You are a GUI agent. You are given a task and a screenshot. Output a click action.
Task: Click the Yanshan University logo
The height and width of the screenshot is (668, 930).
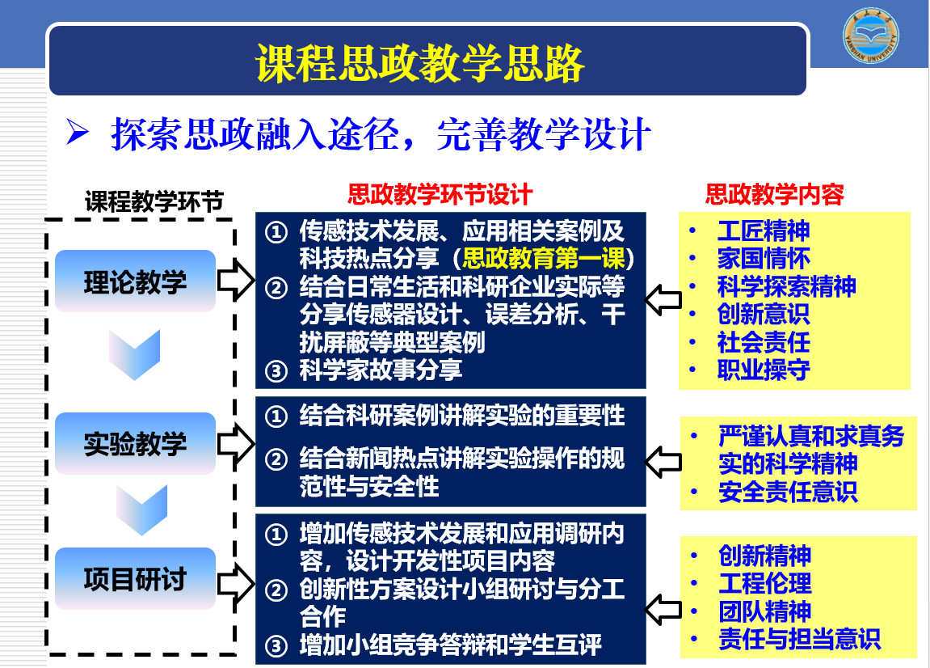[x=871, y=35]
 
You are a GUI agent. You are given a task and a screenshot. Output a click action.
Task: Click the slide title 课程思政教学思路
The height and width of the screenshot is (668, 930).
[x=420, y=63]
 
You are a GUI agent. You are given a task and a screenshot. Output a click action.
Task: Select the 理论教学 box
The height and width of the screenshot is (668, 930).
[x=135, y=281]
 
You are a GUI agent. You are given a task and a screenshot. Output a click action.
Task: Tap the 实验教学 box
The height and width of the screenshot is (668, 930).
[x=135, y=443]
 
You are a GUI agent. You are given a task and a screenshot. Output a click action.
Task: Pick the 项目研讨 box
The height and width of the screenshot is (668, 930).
[x=135, y=578]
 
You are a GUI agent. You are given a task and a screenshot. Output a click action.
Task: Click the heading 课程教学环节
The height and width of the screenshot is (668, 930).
[x=154, y=202]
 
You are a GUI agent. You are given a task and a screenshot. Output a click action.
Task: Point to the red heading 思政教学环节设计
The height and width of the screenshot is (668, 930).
[x=440, y=194]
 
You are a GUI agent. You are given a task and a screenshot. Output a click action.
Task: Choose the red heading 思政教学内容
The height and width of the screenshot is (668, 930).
[x=775, y=194]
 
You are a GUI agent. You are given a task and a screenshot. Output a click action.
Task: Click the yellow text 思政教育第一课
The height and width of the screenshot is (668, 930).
[x=543, y=258]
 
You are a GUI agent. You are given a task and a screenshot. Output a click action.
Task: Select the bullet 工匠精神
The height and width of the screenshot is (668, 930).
[x=764, y=230]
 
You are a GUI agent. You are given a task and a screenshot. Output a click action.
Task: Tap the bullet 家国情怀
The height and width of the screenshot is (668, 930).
[x=764, y=258]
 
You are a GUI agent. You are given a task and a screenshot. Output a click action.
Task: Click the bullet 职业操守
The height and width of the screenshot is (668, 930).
[x=764, y=370]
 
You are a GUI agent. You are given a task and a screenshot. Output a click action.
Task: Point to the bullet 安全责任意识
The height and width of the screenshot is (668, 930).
[x=788, y=492]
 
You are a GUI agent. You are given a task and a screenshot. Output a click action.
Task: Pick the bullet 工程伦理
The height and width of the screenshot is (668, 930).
[x=764, y=583]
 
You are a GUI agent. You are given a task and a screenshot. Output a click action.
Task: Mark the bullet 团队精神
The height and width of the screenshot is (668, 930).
[x=764, y=611]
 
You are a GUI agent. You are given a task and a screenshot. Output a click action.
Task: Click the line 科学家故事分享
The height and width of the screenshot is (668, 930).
[x=381, y=370]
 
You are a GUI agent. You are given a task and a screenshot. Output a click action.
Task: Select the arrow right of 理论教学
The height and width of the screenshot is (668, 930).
[x=236, y=280]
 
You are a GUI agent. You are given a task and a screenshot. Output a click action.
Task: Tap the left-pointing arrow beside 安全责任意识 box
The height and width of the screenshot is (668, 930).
[x=663, y=462]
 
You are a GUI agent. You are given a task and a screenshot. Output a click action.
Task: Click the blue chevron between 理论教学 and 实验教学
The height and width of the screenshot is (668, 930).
[x=135, y=354]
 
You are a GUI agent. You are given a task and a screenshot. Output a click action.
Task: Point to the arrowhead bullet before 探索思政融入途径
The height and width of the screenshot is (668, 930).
[x=78, y=131]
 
